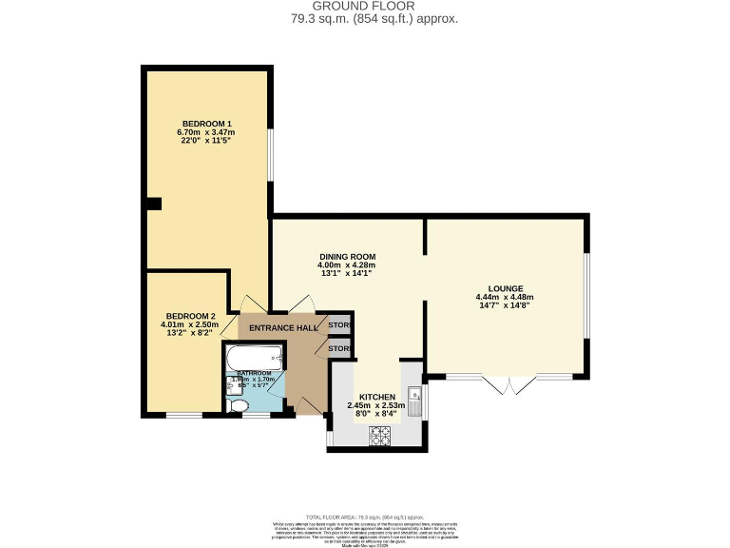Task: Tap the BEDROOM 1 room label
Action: click(x=207, y=124)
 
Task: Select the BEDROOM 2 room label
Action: click(x=191, y=316)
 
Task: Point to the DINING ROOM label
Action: click(x=347, y=257)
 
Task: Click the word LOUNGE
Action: click(x=504, y=288)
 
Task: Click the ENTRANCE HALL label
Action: click(x=282, y=327)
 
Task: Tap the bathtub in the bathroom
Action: click(x=253, y=359)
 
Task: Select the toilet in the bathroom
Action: click(x=239, y=406)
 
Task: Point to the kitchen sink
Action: click(x=413, y=395)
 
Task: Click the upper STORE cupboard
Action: click(x=338, y=325)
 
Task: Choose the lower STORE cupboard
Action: click(x=338, y=349)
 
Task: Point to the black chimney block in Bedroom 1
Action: click(x=153, y=202)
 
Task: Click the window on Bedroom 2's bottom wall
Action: click(x=183, y=415)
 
